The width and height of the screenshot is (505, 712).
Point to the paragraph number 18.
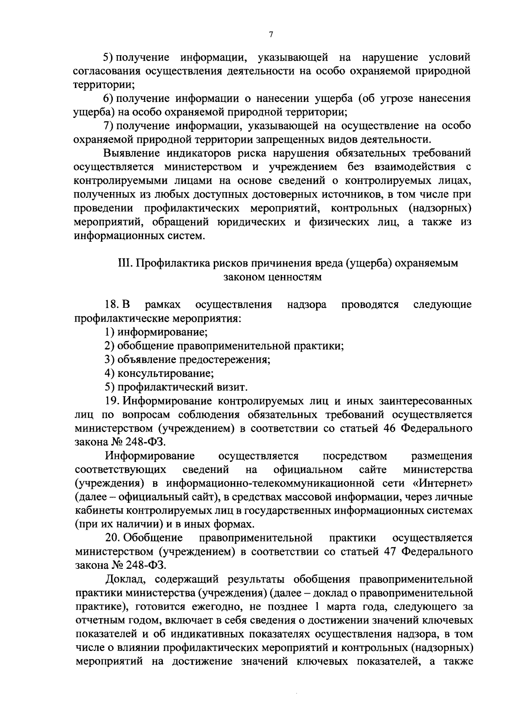tap(111, 304)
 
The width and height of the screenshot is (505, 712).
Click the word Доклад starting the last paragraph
tap(126, 579)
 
